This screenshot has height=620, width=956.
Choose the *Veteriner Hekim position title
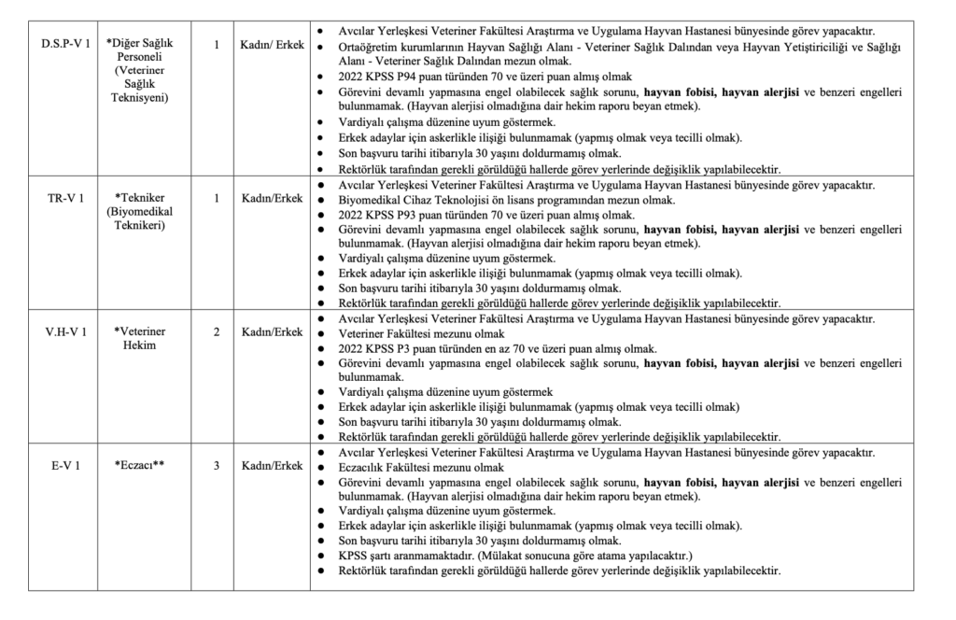141,338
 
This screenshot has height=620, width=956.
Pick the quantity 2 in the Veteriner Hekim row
216,331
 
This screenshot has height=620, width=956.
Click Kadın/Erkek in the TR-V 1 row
272,198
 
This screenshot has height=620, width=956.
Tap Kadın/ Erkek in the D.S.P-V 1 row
272,44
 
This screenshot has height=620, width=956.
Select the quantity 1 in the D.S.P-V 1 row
216,44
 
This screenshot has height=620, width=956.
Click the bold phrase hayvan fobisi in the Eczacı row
682,482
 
